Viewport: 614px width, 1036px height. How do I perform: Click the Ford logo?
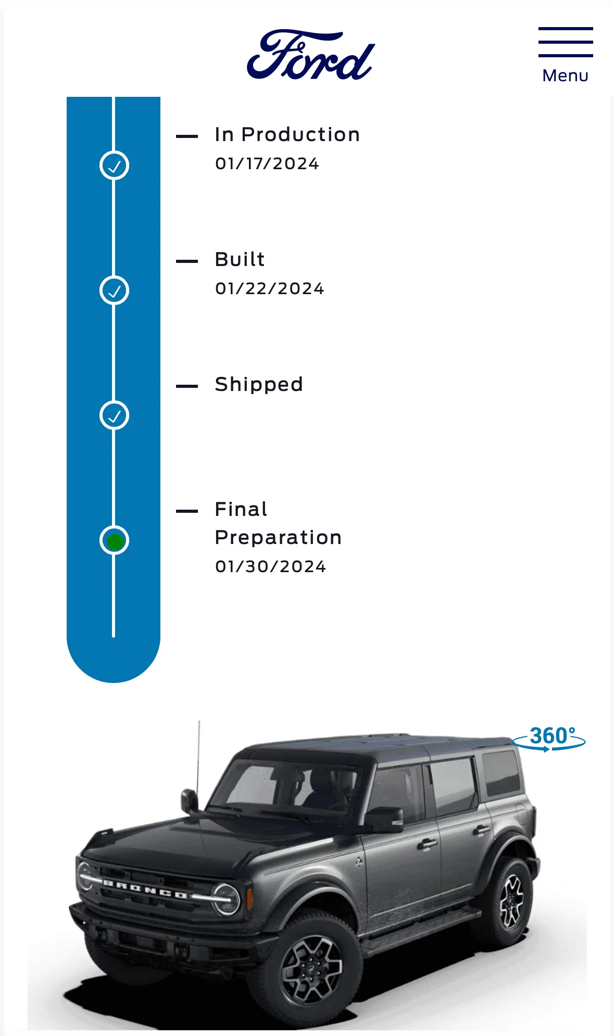tap(311, 55)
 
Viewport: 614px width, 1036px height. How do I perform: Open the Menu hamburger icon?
tap(566, 42)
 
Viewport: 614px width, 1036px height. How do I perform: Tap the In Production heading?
tap(287, 134)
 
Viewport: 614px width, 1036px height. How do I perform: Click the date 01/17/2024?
tap(267, 163)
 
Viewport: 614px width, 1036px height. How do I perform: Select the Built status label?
tap(240, 259)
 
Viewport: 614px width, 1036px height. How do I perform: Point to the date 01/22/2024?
tap(270, 288)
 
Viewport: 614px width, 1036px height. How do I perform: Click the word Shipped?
tap(259, 385)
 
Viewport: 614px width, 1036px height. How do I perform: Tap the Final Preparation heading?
tap(278, 523)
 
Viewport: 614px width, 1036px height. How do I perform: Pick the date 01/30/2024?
tap(271, 566)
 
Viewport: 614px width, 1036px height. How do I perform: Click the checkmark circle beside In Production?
tap(114, 166)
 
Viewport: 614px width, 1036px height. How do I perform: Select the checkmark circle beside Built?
tap(114, 290)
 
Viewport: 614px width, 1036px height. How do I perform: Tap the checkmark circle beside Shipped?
tap(114, 415)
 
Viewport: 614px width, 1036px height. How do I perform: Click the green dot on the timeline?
tap(115, 541)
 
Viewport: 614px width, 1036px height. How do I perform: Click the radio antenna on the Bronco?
tap(198, 755)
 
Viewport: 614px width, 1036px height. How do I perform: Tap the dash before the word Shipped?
tap(187, 386)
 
